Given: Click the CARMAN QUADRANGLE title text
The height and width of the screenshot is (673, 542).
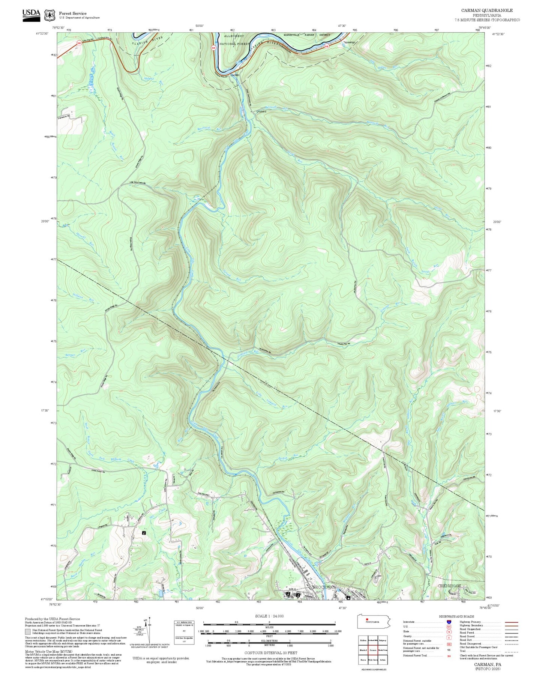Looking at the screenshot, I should pos(486,10).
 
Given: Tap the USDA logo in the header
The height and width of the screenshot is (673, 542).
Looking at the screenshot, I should pos(31,14).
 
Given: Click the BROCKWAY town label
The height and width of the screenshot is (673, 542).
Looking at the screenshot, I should pos(324,587).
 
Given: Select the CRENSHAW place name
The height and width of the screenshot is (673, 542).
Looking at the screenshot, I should pos(449,586).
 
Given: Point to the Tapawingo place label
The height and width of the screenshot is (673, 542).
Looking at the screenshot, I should pos(349,42).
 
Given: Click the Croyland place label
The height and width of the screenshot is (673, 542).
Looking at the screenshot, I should pos(261,111).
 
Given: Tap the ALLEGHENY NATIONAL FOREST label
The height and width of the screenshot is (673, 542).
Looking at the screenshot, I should pos(234,40).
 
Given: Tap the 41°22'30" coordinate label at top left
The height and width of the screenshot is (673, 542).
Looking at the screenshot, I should pos(42,34).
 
